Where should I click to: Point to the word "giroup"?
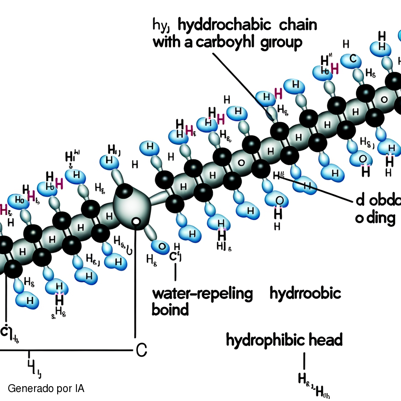coord(281,43)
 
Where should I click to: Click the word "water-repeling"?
coord(202,294)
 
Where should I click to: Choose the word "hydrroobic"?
coord(305,294)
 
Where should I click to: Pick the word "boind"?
coord(170,310)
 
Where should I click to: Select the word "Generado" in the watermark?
coord(27,389)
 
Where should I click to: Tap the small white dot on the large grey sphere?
coord(136,222)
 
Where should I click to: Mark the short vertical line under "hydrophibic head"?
coord(304,359)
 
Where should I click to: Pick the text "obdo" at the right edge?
coord(386,201)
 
